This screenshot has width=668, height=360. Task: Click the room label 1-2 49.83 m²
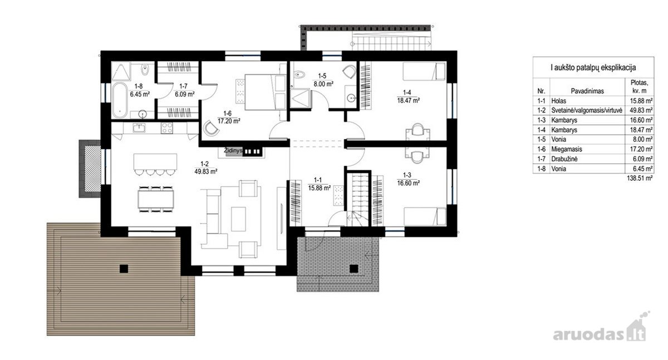pyautogui.click(x=205, y=168)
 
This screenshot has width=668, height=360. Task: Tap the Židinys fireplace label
pyautogui.click(x=233, y=151)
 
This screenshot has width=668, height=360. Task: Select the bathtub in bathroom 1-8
pyautogui.click(x=120, y=100)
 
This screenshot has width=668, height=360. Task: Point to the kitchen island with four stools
pyautogui.click(x=155, y=164)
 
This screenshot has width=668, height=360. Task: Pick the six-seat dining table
pyautogui.click(x=156, y=199)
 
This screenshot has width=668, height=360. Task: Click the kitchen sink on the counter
pyautogui.click(x=139, y=128)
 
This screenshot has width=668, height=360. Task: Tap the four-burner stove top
pyautogui.click(x=166, y=128)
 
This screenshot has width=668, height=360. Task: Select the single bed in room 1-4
pyautogui.click(x=424, y=71)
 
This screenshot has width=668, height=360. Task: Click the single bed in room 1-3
pyautogui.click(x=425, y=216)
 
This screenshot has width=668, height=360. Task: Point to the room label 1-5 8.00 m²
pyautogui.click(x=323, y=80)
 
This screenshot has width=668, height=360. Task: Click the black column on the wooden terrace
pyautogui.click(x=124, y=269)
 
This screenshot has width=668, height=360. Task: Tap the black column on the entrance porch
pyautogui.click(x=353, y=269)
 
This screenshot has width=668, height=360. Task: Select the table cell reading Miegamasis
pyautogui.click(x=567, y=149)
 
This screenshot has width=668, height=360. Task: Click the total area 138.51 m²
pyautogui.click(x=640, y=178)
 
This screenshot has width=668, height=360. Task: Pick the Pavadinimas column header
pyautogui.click(x=587, y=91)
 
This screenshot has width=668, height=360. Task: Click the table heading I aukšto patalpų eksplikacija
pyautogui.click(x=593, y=68)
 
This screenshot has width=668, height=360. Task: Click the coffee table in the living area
pyautogui.click(x=238, y=219)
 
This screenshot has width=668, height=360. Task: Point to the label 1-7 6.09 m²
pyautogui.click(x=184, y=90)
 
